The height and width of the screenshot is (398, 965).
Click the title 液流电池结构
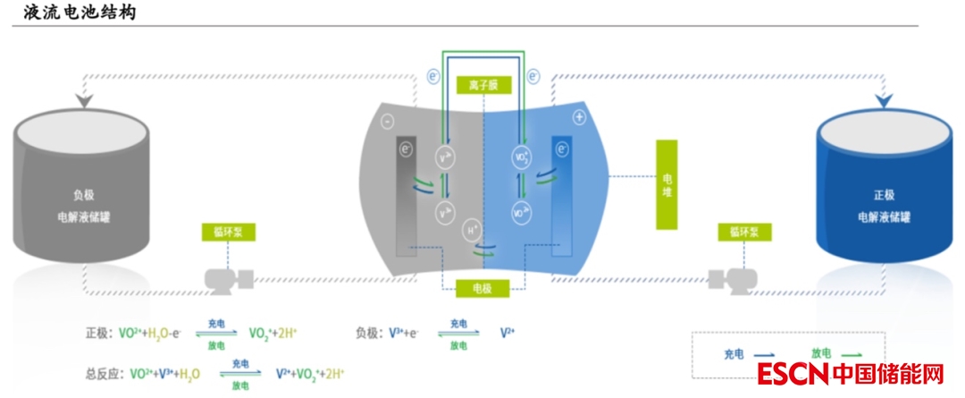(80, 13)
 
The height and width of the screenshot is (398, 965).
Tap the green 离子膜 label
(482, 86)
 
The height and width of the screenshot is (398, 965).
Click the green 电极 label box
(482, 288)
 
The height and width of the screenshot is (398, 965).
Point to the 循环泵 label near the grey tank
(229, 233)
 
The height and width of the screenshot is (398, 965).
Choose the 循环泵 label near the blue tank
(743, 233)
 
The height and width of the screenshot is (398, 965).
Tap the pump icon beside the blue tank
(726, 279)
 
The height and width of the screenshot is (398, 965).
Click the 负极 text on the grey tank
(82, 194)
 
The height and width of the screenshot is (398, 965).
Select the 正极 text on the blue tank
(883, 194)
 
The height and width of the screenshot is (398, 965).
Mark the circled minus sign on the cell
(387, 120)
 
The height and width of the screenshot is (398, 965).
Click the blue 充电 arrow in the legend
(762, 354)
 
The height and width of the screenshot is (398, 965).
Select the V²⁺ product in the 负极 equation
(508, 333)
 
